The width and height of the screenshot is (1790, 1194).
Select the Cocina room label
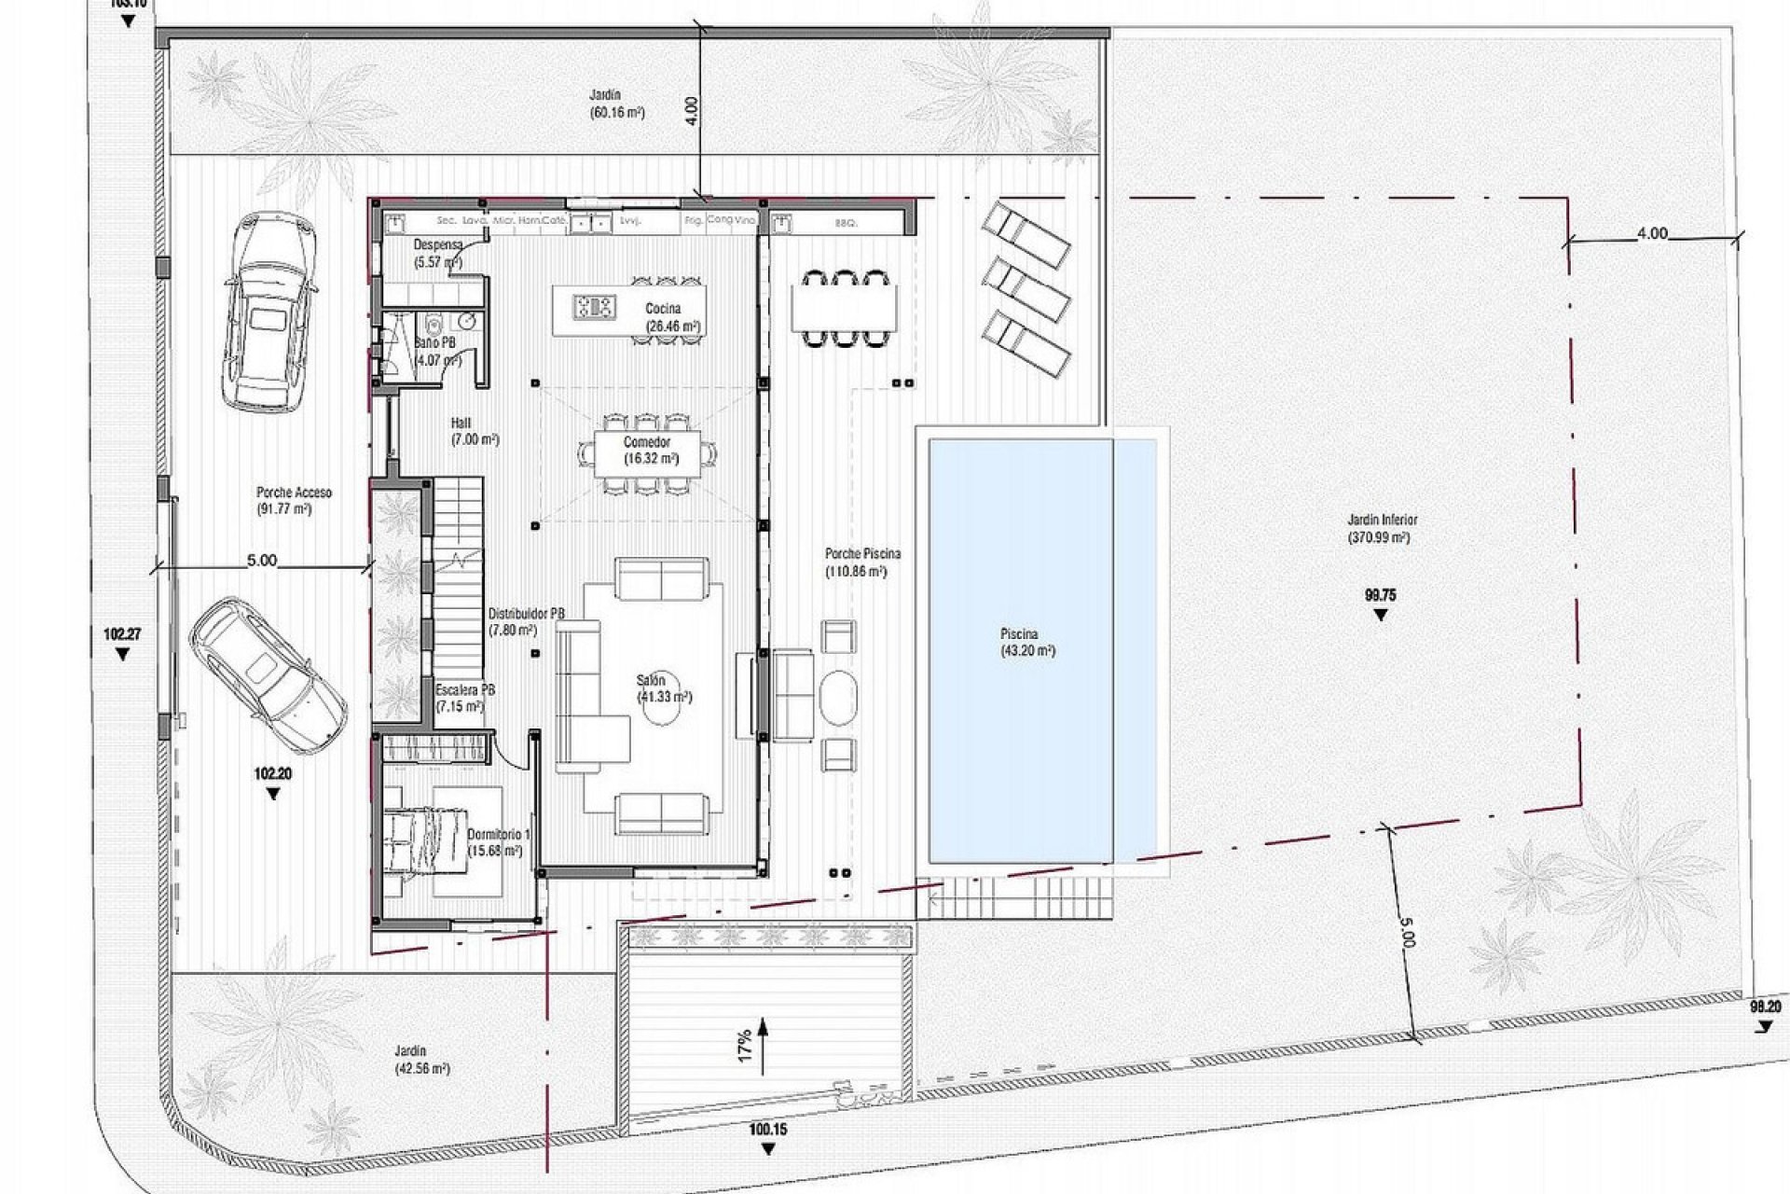(664, 309)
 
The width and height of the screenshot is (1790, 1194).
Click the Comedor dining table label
(647, 443)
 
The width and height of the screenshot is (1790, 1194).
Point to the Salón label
(652, 681)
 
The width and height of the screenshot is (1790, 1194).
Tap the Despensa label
(437, 244)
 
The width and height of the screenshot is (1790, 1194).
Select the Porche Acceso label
(294, 493)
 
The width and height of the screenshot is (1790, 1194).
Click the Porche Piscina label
(862, 553)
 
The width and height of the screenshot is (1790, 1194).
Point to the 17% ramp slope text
(745, 1045)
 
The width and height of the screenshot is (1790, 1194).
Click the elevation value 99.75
(1380, 595)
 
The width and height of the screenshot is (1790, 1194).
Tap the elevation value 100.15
(767, 1130)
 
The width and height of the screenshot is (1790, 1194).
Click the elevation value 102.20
(272, 774)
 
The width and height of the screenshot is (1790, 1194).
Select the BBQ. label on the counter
(846, 224)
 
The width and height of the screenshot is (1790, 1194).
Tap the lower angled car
(268, 674)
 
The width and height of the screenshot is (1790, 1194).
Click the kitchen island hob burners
(594, 305)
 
